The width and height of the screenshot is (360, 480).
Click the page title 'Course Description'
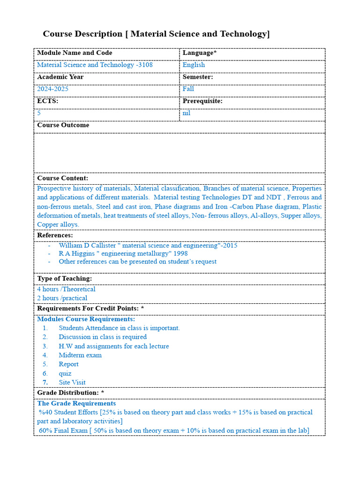pyautogui.click(x=82, y=34)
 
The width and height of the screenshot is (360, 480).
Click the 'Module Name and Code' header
pyautogui.click(x=75, y=53)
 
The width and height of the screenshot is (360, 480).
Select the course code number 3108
pyautogui.click(x=145, y=65)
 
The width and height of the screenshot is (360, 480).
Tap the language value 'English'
pyautogui.click(x=194, y=65)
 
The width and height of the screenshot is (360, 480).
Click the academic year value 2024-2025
pyautogui.click(x=53, y=89)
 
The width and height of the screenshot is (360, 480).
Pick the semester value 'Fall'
pyautogui.click(x=188, y=89)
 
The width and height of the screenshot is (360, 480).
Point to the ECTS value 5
pyautogui.click(x=39, y=113)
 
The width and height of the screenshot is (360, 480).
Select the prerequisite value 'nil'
pyautogui.click(x=187, y=113)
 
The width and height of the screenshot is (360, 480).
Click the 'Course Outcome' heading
pyautogui.click(x=63, y=125)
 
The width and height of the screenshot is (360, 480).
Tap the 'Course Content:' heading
pyautogui.click(x=63, y=178)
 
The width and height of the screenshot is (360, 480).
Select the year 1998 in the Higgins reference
pyautogui.click(x=180, y=254)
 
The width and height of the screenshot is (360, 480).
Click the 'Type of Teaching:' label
pyautogui.click(x=65, y=278)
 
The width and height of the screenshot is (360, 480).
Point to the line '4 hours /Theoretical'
pyautogui.click(x=66, y=289)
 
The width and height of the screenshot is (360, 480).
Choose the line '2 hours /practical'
pyautogui.click(x=62, y=298)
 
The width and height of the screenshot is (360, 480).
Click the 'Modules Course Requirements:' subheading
pyautogui.click(x=86, y=319)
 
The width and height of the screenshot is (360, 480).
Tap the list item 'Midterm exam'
pyautogui.click(x=80, y=355)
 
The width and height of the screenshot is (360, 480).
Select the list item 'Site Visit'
pyautogui.click(x=72, y=382)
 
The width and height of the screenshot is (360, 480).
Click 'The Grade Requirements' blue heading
pyautogui.click(x=76, y=404)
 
